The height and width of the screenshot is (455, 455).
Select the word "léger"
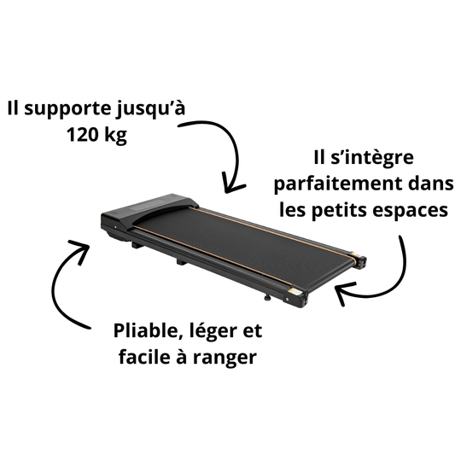pyautogui.click(x=213, y=332)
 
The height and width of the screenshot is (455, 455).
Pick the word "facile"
pyautogui.click(x=143, y=356)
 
